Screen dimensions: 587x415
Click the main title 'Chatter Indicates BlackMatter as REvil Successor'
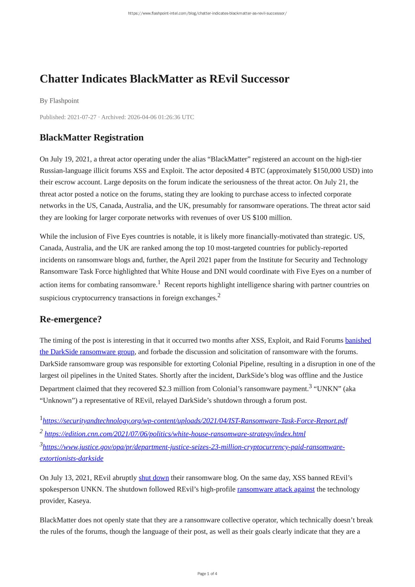point(164,79)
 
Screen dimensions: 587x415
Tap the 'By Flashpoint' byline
point(59,101)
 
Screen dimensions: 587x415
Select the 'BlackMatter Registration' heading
point(92,137)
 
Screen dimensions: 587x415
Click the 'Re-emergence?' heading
point(71,319)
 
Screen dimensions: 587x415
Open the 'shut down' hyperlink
point(154,478)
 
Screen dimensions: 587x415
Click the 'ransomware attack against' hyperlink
point(276,489)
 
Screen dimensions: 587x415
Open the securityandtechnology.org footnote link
point(195,421)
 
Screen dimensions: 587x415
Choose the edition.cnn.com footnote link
point(175,434)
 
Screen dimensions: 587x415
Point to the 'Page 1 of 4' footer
point(207,574)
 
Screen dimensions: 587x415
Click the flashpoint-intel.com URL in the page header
point(207,13)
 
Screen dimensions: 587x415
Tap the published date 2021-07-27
point(82,117)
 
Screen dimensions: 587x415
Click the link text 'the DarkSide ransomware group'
point(87,352)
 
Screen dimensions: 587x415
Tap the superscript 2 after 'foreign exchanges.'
point(219,295)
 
